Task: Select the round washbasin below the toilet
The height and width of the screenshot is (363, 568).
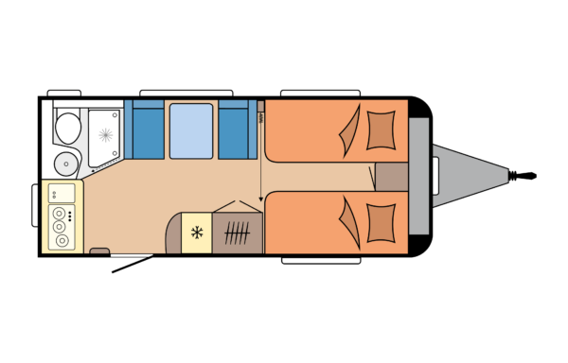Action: pos(64,162)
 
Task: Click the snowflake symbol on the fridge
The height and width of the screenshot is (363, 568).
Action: pos(198,232)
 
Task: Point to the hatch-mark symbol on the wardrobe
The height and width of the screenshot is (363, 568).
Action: pos(239,232)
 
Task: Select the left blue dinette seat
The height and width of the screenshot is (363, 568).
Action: pos(145,130)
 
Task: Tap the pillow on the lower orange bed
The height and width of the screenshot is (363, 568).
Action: pos(381,221)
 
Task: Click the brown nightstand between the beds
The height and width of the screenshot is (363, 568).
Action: pos(391,176)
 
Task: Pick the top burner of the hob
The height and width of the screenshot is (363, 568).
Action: pos(62,214)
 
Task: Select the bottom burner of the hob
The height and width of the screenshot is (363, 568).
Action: pos(62,240)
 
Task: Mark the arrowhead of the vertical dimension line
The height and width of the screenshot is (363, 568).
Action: pos(261,200)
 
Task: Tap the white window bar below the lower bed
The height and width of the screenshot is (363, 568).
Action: pos(321,260)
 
